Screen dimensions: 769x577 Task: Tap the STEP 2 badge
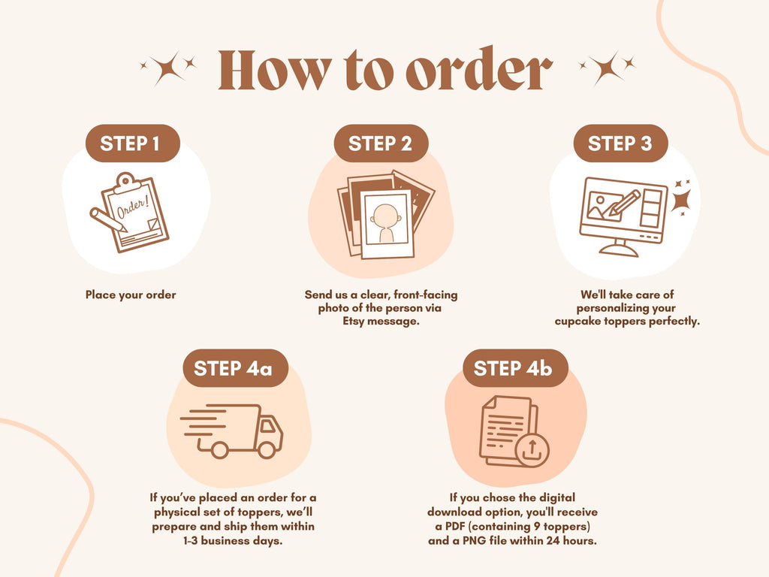tap(381, 143)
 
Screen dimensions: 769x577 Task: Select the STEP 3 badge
tap(620, 143)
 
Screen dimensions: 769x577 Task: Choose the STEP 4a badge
tap(235, 368)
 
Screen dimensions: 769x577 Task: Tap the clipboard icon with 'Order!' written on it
tap(136, 212)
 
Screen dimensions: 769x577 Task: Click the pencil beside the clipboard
tap(108, 219)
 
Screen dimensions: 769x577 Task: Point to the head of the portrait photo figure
tap(385, 216)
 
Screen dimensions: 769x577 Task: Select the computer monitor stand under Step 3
tap(619, 248)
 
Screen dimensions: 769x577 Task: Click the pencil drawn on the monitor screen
tap(621, 202)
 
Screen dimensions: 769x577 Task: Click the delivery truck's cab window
tap(268, 426)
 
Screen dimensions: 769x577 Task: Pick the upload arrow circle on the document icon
tap(532, 450)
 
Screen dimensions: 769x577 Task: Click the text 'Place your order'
tap(131, 295)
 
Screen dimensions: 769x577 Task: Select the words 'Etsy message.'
tap(381, 322)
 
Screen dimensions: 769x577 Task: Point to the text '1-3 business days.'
tap(233, 541)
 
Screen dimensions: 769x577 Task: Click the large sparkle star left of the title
tap(167, 68)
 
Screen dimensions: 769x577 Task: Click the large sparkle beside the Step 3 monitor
tap(682, 201)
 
